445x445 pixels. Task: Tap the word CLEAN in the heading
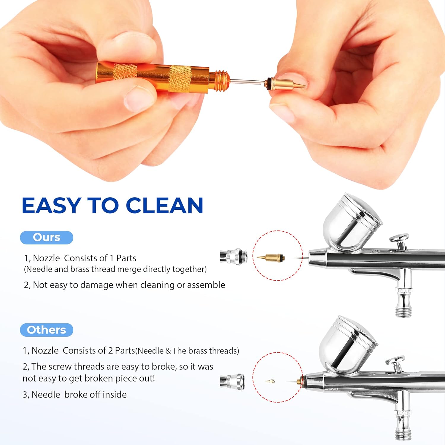pos(165,205)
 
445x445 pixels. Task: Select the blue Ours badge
pos(47,237)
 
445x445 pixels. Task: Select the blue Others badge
pos(47,330)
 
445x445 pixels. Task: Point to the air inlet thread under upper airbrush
pos(403,311)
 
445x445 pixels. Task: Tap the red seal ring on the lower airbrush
pos(303,380)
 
